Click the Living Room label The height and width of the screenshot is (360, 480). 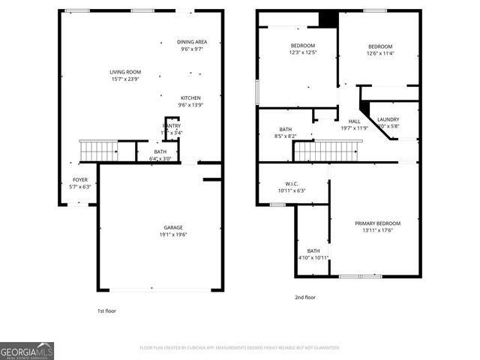(125, 76)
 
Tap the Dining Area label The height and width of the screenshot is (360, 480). (192, 46)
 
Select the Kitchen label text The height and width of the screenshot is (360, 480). (190, 101)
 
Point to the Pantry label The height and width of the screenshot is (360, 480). (172, 129)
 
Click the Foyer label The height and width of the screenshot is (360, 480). (79, 183)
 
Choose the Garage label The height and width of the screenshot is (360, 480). (173, 231)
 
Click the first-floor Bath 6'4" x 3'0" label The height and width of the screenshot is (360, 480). (160, 155)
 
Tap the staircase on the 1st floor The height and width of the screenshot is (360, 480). (99, 151)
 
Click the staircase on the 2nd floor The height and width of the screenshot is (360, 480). (327, 151)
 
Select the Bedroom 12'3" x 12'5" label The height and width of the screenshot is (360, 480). (303, 49)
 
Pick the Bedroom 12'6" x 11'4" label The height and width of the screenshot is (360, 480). (380, 49)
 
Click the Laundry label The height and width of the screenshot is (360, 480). (388, 122)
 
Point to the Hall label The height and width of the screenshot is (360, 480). (355, 124)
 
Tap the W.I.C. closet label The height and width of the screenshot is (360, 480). (292, 187)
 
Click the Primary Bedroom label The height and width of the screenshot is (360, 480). (377, 226)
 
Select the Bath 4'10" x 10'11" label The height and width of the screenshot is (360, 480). (313, 254)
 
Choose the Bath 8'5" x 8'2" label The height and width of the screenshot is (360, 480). (286, 133)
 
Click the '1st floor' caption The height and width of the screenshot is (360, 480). (106, 310)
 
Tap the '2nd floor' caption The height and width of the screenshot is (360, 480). (305, 297)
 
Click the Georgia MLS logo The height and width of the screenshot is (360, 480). (27, 351)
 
